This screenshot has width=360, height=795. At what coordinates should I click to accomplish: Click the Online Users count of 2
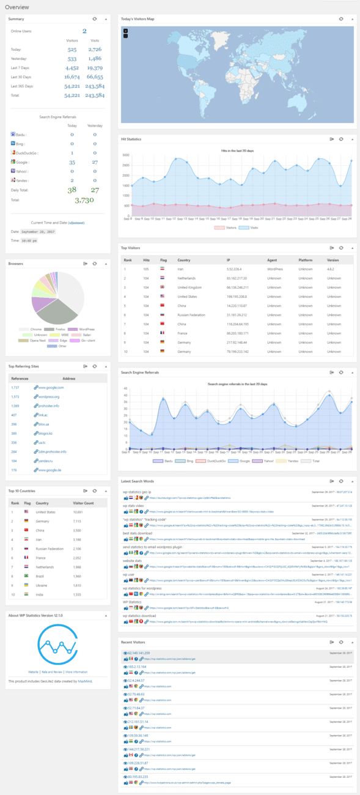click(84, 31)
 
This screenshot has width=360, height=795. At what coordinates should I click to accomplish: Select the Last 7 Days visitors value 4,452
click(72, 68)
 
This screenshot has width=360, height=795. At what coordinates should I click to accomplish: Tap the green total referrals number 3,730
click(84, 199)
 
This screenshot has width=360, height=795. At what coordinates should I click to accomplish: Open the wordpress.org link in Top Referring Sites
click(49, 396)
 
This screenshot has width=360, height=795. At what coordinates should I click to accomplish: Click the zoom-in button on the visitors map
click(126, 31)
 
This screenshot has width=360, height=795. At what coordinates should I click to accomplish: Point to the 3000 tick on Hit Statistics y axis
click(125, 155)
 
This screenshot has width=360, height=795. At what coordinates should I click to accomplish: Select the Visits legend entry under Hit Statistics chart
click(249, 227)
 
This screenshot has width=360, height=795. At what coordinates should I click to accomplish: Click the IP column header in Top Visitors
click(228, 259)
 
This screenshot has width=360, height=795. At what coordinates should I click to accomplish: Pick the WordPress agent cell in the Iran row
click(276, 268)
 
